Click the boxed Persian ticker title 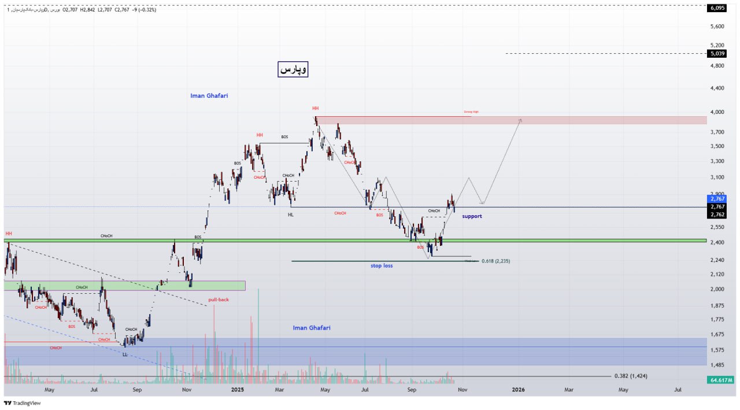293,69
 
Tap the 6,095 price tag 717,8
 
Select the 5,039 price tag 717,54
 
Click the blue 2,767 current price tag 717,199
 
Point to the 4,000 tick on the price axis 717,112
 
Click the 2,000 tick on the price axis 717,289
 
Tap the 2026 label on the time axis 519,390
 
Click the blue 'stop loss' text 382,266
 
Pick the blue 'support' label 472,216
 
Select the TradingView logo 23,403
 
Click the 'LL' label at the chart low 125,354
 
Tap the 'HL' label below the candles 291,215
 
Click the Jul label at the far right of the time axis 678,390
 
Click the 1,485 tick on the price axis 717,365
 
